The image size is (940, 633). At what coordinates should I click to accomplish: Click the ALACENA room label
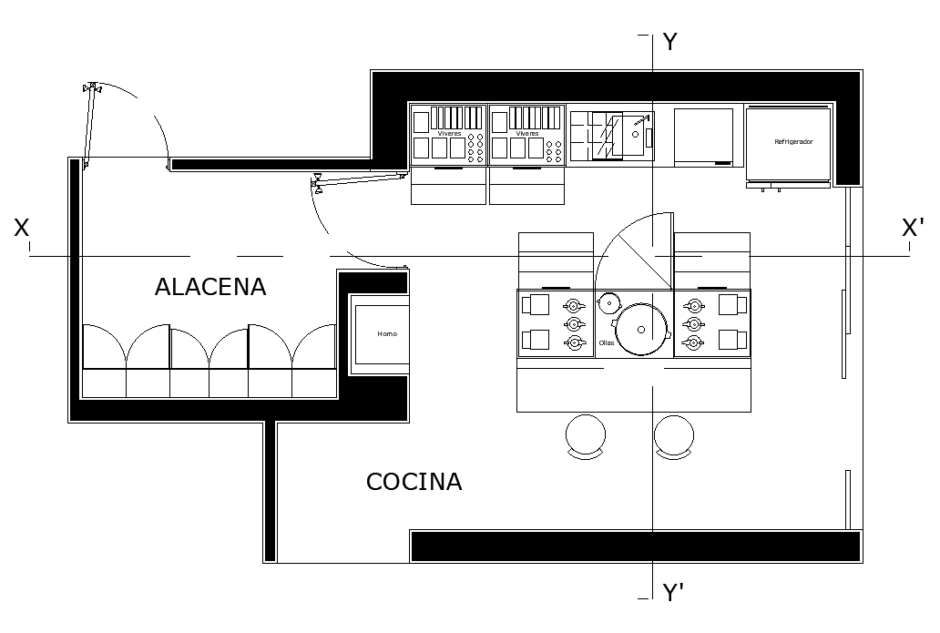click(210, 287)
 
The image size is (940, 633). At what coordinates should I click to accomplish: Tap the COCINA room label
click(414, 482)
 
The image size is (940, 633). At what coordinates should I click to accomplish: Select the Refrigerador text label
click(792, 143)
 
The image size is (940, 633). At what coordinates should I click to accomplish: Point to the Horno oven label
click(387, 334)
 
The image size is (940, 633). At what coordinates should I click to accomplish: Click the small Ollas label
click(607, 343)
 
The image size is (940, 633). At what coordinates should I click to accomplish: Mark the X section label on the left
click(22, 228)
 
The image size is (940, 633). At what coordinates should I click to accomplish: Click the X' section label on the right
click(913, 228)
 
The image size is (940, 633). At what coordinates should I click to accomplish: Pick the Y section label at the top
click(669, 42)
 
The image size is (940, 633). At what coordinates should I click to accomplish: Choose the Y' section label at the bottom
click(673, 594)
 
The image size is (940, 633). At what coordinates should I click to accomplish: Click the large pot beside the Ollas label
click(642, 329)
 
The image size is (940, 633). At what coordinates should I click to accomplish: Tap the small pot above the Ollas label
click(608, 301)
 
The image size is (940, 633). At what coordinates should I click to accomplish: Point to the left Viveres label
click(449, 134)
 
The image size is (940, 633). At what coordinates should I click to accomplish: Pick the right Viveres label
click(527, 134)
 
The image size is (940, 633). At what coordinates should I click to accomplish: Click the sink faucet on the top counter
click(642, 120)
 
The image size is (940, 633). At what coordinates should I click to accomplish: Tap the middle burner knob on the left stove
click(574, 324)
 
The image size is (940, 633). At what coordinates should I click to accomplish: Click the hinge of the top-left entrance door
click(90, 88)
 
